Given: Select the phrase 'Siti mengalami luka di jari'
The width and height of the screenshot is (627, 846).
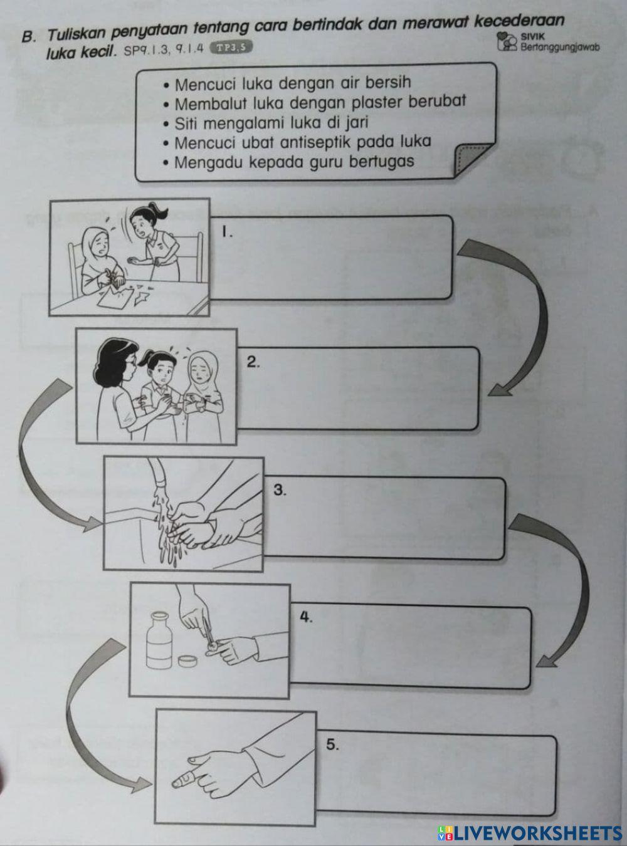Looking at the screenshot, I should [x=271, y=122].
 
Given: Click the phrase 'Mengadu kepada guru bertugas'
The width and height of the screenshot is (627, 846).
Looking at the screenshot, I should [x=294, y=162].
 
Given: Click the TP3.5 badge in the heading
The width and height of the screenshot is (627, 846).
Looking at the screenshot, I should [x=231, y=46].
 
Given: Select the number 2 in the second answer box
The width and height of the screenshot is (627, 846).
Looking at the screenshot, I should [x=252, y=362].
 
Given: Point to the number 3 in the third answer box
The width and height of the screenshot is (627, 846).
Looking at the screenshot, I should [x=280, y=490].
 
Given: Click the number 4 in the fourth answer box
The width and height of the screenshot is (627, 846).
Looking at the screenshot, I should [x=305, y=617].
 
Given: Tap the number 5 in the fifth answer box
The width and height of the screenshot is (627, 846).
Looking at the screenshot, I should [x=332, y=744].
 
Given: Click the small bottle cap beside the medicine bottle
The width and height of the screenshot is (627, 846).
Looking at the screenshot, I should [x=187, y=660].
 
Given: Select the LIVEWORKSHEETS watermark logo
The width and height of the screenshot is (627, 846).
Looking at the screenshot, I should [x=530, y=832].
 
